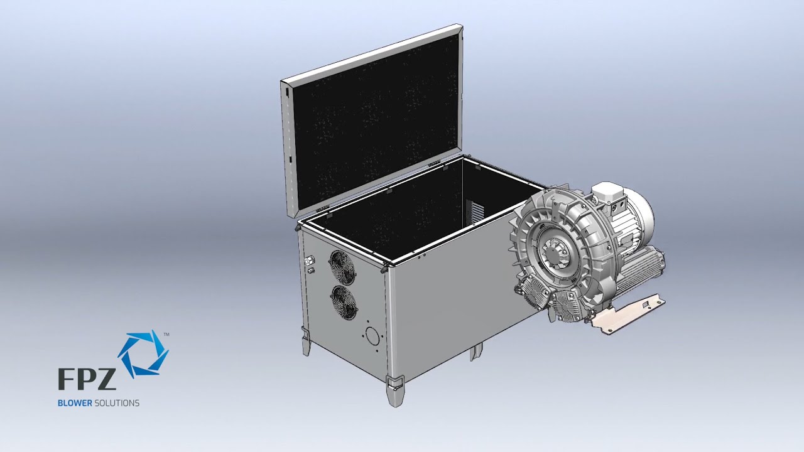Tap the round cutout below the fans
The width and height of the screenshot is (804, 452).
point(372,336)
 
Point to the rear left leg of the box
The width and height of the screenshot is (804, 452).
point(306,343)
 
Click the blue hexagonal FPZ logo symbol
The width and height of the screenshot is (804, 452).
point(143,353)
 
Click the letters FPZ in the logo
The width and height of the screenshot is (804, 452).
point(87,379)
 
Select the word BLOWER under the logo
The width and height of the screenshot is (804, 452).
point(75,403)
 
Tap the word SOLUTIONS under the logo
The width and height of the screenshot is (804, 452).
point(117,403)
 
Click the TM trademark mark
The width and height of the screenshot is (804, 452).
point(166,335)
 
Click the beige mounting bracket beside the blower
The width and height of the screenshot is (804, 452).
point(628,314)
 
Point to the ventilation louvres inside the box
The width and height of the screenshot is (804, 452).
point(477,212)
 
